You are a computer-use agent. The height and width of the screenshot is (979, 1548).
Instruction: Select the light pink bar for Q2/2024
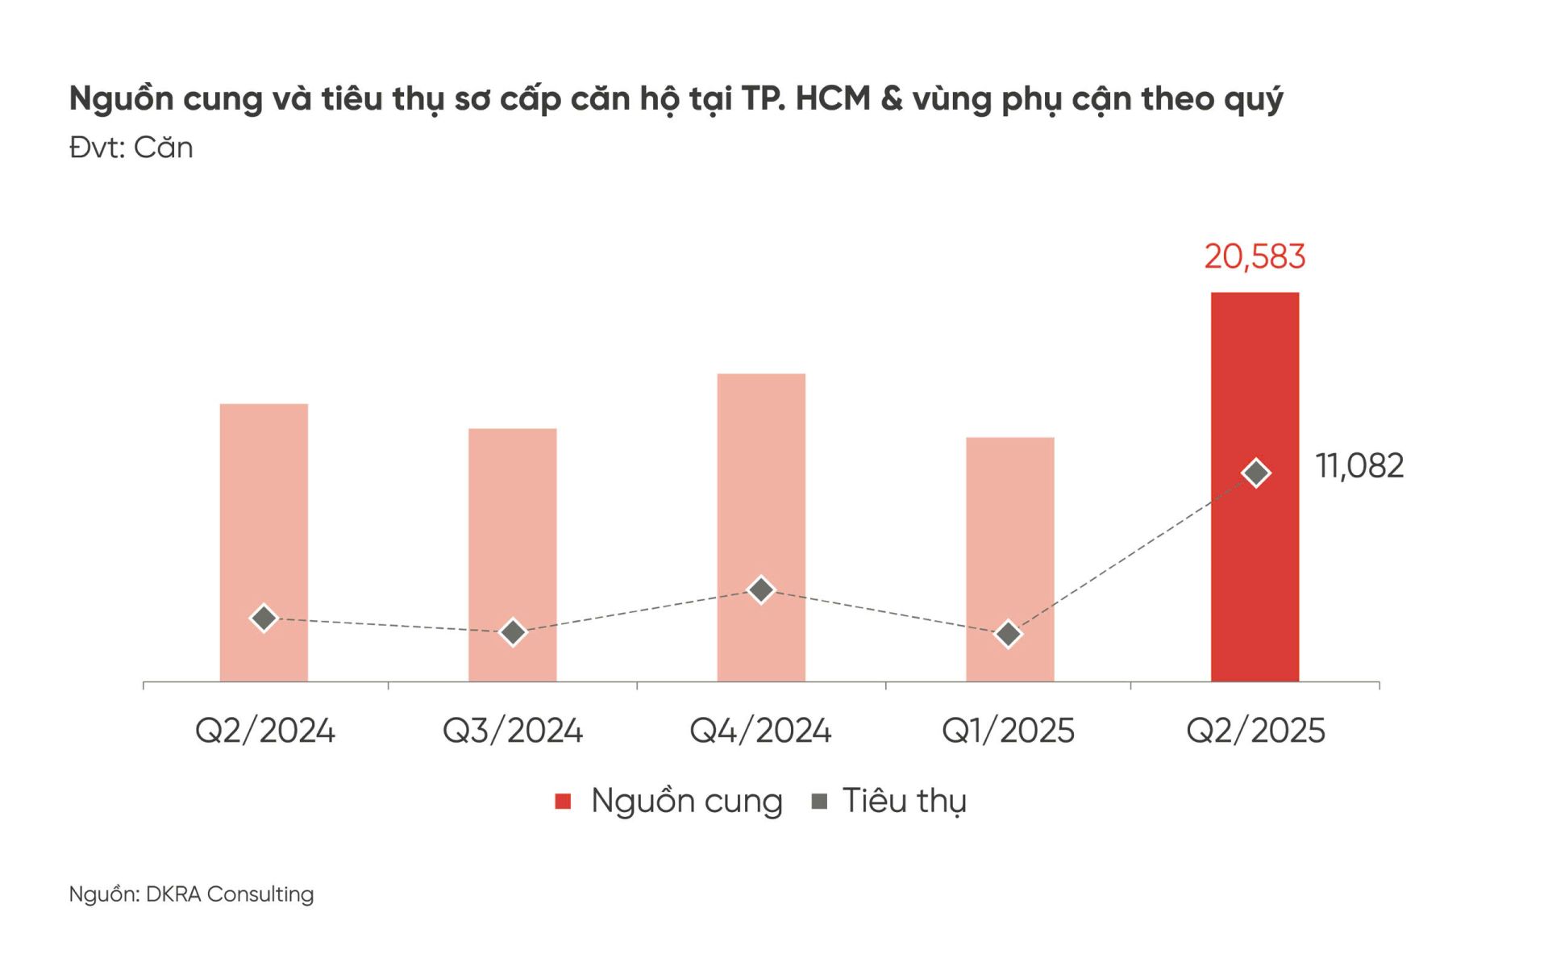(264, 516)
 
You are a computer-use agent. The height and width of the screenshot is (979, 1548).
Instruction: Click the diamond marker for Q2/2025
(1256, 473)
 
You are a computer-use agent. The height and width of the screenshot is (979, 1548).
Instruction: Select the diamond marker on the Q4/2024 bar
(761, 590)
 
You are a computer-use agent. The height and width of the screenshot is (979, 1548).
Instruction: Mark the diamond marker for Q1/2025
(1009, 635)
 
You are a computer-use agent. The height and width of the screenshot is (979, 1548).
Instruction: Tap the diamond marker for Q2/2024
(264, 619)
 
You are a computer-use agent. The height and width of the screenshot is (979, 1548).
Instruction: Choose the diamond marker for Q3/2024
(513, 632)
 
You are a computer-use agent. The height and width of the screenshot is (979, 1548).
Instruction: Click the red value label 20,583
(1255, 256)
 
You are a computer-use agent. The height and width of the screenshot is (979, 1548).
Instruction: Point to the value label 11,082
(1359, 466)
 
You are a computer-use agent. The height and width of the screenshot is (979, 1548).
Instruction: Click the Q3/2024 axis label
(513, 731)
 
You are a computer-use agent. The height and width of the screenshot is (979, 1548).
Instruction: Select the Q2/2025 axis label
(1255, 731)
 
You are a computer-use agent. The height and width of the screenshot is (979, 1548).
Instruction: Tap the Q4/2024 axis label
(760, 731)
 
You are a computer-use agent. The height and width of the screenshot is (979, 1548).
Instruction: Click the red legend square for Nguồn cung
(563, 801)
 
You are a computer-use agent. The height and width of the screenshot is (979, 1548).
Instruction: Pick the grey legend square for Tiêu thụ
(819, 801)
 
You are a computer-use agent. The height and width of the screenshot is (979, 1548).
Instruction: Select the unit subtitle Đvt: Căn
(131, 148)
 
